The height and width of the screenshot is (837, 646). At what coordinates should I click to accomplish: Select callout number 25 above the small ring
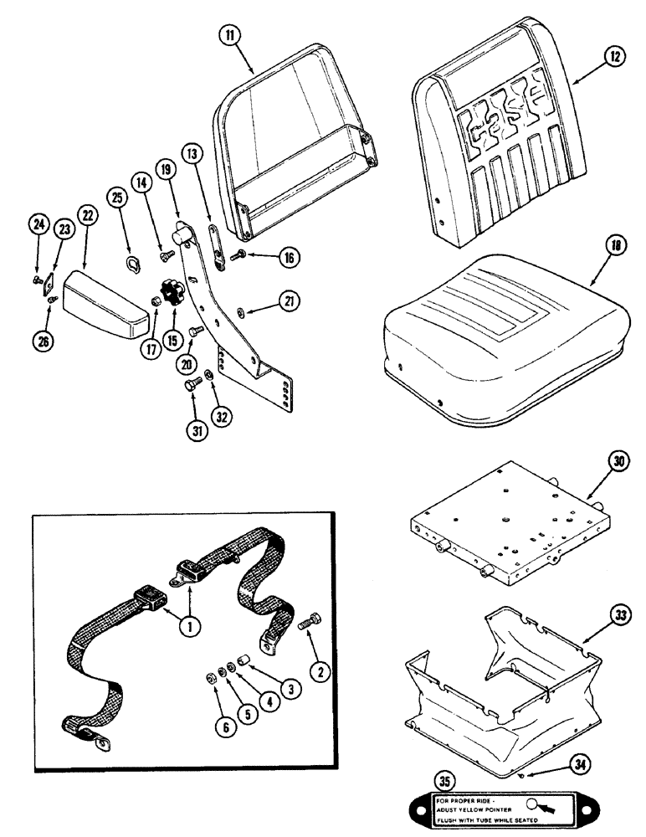tap(116, 220)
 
